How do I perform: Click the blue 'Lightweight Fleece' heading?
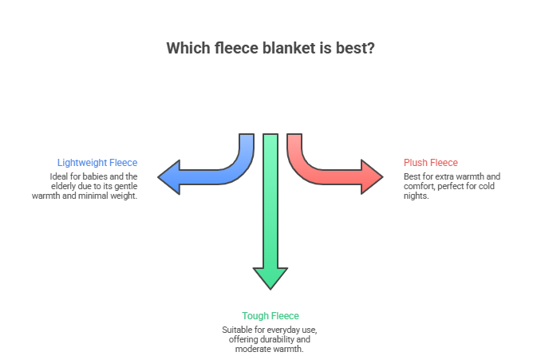coord(97,163)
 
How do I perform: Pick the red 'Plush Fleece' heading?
coord(431,163)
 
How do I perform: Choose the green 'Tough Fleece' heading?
coord(270,316)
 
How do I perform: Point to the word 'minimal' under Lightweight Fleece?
coord(100,195)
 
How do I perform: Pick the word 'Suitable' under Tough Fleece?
coord(236,330)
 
